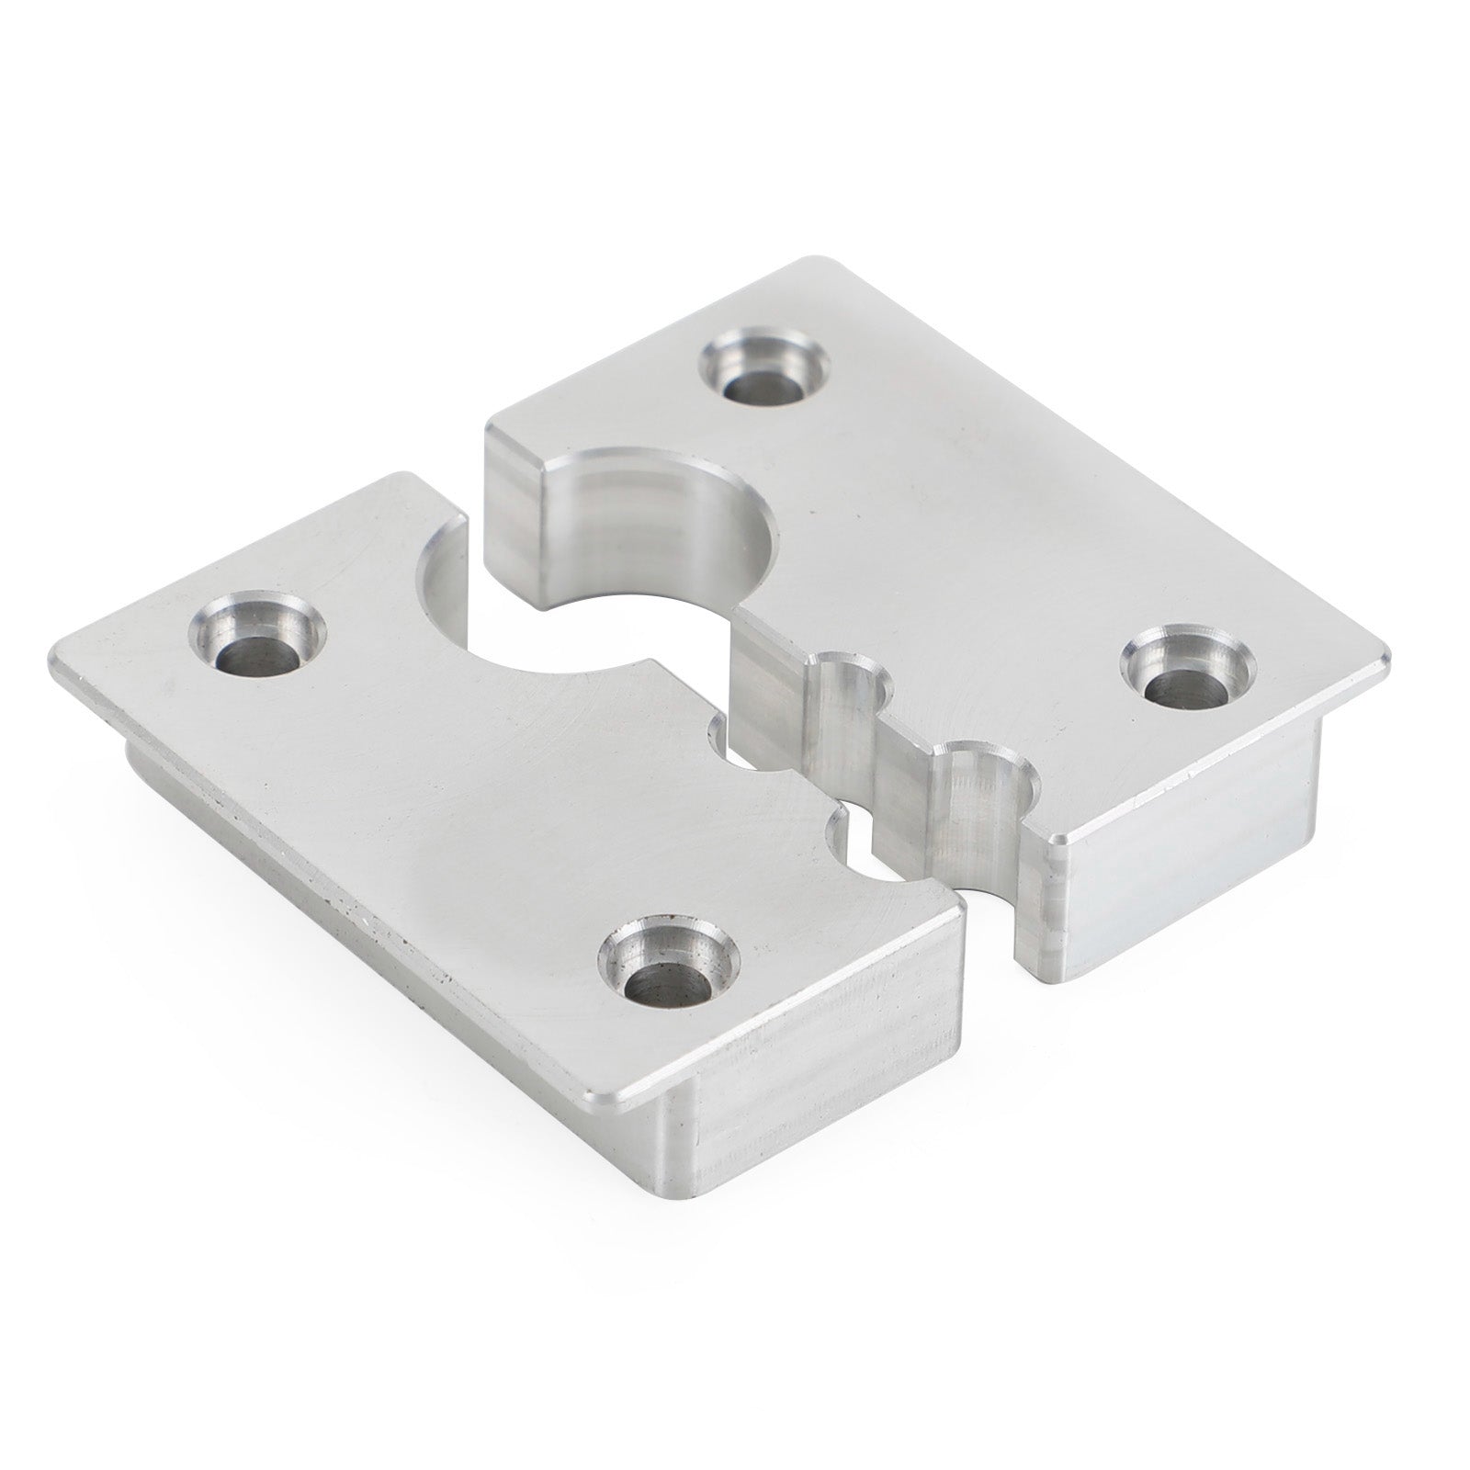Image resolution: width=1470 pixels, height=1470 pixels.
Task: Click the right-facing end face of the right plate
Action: pyautogui.click(x=1222, y=854)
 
